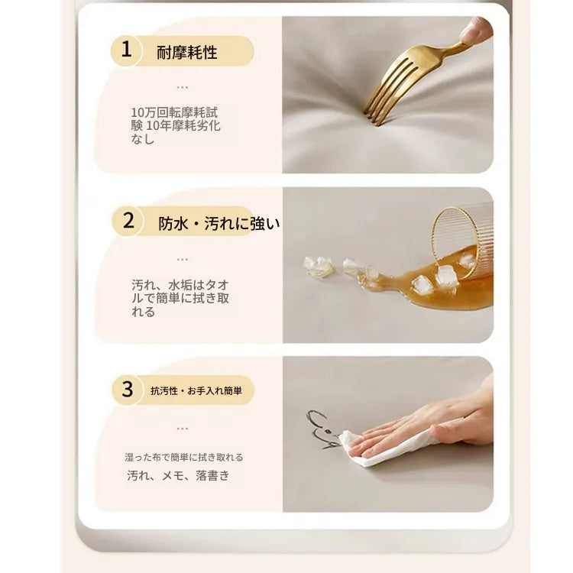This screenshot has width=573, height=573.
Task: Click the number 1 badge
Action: (x=126, y=50)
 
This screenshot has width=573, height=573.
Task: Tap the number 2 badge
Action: (x=128, y=221)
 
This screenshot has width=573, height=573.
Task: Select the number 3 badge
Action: (x=127, y=390)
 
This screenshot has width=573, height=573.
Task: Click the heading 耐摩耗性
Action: (x=187, y=52)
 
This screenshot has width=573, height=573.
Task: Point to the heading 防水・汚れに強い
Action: (x=219, y=223)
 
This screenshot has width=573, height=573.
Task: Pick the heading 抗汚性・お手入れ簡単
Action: (x=196, y=391)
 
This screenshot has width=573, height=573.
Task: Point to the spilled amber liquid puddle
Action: (x=431, y=289)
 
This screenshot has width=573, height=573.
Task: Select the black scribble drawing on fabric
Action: (x=322, y=429)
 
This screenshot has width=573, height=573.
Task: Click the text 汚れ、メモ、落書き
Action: (x=178, y=475)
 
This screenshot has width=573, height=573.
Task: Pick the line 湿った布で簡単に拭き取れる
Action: (x=184, y=457)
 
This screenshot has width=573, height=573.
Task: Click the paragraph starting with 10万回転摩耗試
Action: (x=176, y=125)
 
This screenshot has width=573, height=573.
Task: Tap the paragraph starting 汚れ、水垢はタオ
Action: (x=180, y=298)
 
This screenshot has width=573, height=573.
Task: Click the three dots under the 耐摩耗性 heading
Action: (x=182, y=88)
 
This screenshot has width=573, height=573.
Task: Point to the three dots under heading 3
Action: (x=182, y=429)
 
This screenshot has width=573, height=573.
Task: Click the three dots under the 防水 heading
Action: (x=182, y=260)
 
